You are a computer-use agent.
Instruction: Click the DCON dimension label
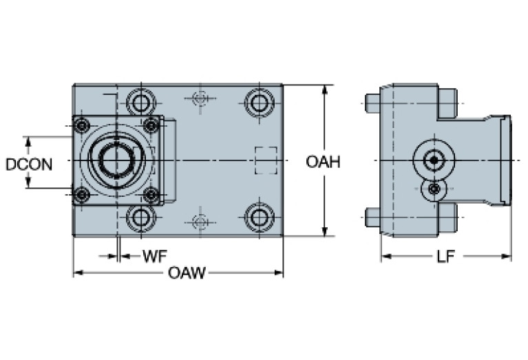[x=28, y=164]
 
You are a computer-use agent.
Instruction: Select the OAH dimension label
[x=324, y=162]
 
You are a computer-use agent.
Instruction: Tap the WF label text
[x=155, y=257]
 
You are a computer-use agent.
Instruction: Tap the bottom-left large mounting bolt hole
[x=141, y=218]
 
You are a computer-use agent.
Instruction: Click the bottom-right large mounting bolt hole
[x=259, y=218]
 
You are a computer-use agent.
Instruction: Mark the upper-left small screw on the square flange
[x=83, y=126]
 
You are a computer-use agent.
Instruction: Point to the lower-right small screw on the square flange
[x=151, y=195]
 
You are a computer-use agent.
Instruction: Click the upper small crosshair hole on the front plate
[x=200, y=98]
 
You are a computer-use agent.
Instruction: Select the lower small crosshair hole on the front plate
[x=200, y=222]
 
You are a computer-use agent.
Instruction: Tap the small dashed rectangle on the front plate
[x=266, y=160]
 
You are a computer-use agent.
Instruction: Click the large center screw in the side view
[x=433, y=161]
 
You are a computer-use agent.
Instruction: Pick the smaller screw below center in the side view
[x=434, y=189]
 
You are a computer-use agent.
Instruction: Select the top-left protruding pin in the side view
[x=372, y=103]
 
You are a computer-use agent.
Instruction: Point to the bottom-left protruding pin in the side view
[x=372, y=218]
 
